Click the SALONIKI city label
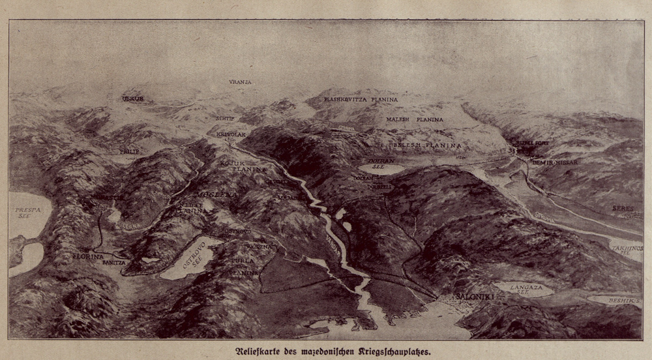tap(460, 297)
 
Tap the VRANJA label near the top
tap(240, 82)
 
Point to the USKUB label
tap(132, 99)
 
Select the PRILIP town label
tap(129, 151)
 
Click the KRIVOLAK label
tap(230, 132)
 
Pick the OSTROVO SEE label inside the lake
tap(186, 257)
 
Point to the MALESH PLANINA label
tap(415, 120)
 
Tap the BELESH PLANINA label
tap(426, 145)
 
